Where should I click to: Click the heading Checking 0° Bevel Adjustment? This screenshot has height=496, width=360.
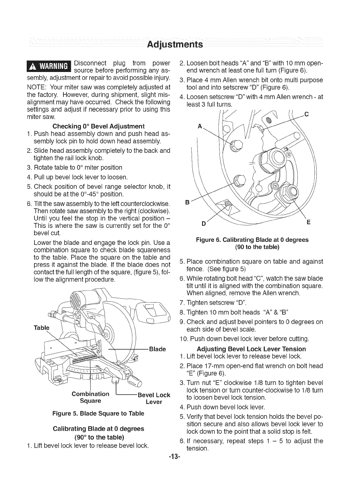coord(99,126)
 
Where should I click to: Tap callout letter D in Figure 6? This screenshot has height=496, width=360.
coord(203,224)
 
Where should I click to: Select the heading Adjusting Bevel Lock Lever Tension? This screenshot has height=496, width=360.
coord(251,349)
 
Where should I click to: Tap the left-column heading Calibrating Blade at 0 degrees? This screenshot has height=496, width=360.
coord(98,429)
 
